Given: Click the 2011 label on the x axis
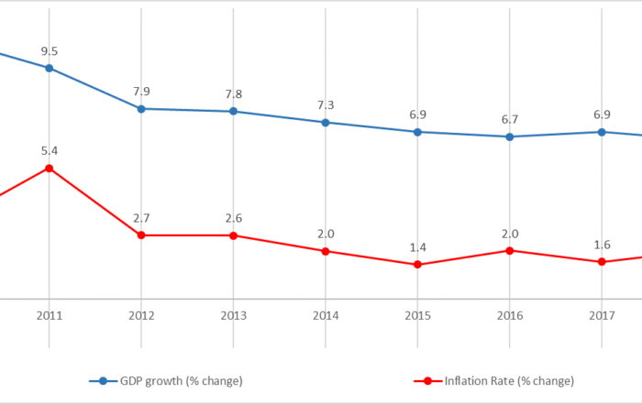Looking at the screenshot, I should click(49, 316).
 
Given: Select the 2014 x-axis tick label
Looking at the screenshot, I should click(325, 316).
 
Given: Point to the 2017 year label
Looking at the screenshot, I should click(602, 316).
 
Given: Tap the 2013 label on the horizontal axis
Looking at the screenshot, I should click(233, 316).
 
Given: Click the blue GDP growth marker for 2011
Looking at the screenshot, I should click(49, 68).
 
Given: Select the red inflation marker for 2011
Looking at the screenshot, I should click(49, 168).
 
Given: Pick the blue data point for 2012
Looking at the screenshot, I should click(141, 108).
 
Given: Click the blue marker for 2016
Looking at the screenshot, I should click(510, 136).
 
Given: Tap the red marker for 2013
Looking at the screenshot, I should click(233, 235).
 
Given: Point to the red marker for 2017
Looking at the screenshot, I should click(602, 262).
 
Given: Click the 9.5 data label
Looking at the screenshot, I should click(49, 51).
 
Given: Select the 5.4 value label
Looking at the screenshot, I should click(49, 150).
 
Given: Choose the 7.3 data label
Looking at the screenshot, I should click(325, 106).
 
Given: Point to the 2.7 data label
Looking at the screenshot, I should click(141, 219).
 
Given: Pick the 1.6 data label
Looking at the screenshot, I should click(602, 245).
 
